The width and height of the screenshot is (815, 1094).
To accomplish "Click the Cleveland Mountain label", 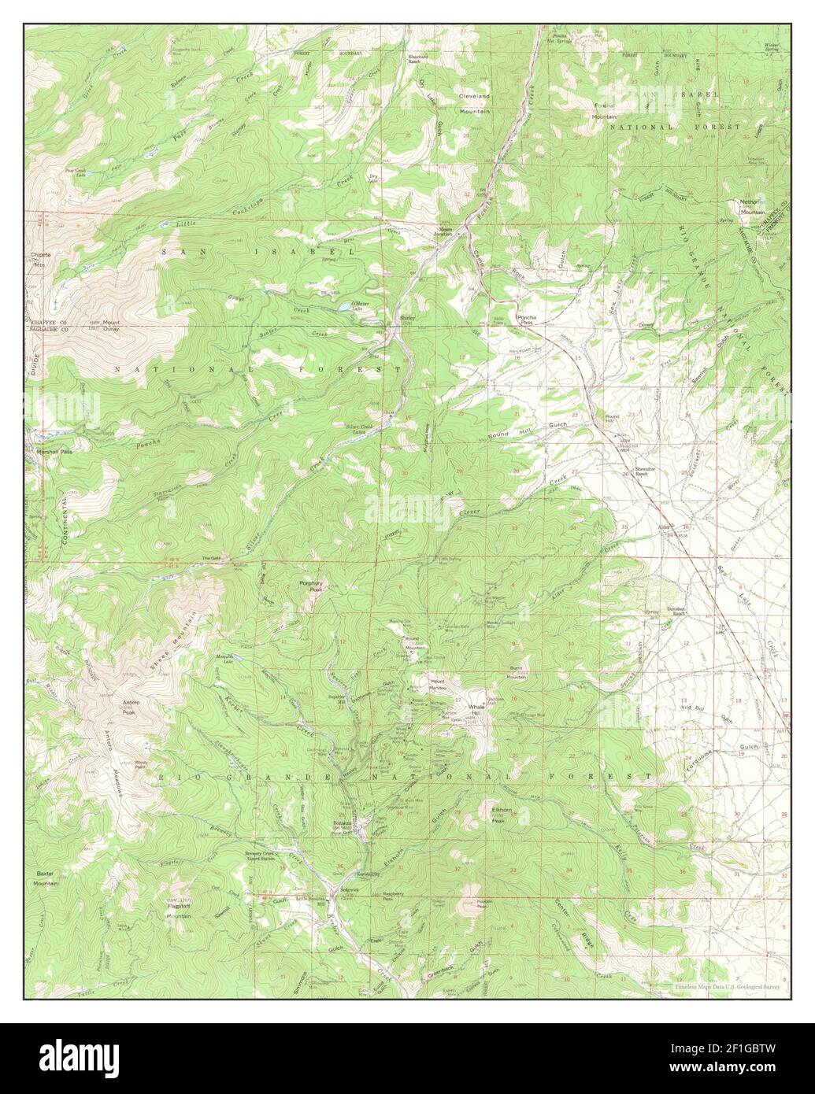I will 474,103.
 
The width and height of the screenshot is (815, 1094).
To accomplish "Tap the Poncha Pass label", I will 526,319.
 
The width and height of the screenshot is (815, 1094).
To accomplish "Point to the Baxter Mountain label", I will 46,879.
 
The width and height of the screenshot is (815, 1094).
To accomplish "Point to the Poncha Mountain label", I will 604,111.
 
